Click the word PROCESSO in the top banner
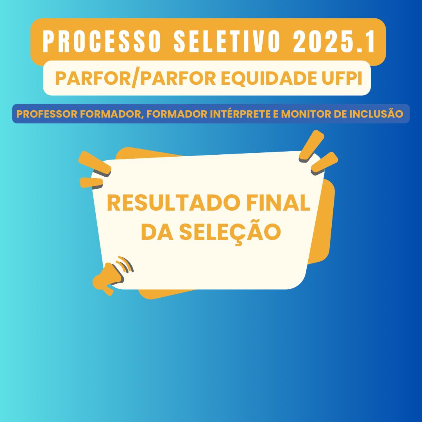coord(102,41)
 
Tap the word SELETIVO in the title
coord(227,41)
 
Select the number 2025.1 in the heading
coord(334,41)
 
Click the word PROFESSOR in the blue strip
coord(47,114)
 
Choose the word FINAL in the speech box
coord(278,203)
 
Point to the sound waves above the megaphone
coord(125,264)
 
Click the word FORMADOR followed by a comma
coord(111,114)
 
